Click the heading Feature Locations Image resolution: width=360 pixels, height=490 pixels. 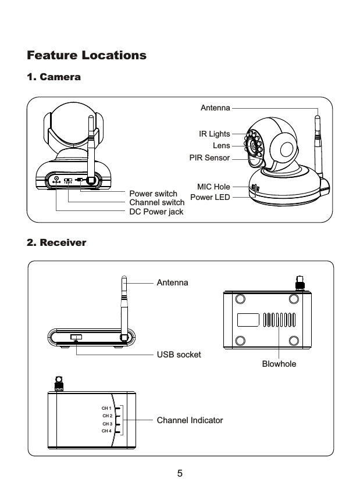point(87,56)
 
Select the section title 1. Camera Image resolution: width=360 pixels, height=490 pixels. point(54,77)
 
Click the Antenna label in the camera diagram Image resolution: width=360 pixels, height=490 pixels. point(215,108)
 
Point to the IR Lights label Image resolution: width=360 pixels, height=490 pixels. point(214,134)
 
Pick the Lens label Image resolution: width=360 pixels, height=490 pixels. point(221,145)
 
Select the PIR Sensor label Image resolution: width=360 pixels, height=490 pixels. point(209,158)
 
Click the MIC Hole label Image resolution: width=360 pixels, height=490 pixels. point(213,187)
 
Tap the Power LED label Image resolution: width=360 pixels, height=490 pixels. point(211,197)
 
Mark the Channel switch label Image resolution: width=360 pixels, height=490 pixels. point(156,202)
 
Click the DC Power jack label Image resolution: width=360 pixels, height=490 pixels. point(156,212)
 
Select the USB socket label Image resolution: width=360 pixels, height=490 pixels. point(179,354)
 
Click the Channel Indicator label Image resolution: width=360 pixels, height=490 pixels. point(190,419)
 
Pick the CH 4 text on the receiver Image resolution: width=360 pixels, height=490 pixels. point(106,431)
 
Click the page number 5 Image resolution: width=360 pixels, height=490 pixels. point(180,473)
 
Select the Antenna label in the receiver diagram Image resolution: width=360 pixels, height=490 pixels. point(172,282)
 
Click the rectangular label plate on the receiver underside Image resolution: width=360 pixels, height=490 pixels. point(248,320)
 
